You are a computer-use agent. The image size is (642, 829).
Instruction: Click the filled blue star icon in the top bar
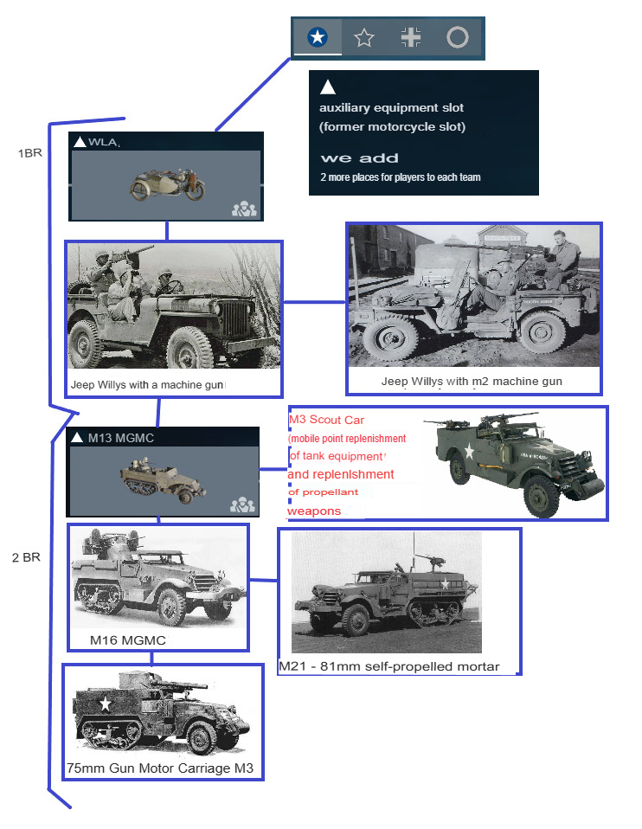tap(318, 37)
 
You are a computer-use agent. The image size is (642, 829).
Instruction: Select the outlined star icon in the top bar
tap(364, 37)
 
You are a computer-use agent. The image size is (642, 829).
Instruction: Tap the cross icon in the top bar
tap(411, 37)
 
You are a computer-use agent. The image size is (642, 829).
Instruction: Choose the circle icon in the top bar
tap(458, 37)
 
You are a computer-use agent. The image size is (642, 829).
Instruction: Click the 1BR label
tap(29, 153)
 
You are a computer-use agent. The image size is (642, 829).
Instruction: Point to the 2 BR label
tap(26, 557)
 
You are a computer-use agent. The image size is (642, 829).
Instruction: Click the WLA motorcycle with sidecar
tap(167, 184)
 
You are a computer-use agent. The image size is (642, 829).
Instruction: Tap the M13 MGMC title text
tap(120, 438)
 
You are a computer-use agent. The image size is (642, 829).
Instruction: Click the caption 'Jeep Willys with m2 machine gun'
tap(472, 382)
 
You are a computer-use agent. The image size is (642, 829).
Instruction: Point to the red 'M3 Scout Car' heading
tap(326, 420)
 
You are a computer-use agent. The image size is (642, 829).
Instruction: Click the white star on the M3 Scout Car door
tap(469, 451)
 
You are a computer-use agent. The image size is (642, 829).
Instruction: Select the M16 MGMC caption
tap(128, 640)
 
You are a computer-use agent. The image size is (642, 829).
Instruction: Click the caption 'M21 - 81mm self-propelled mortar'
tap(389, 666)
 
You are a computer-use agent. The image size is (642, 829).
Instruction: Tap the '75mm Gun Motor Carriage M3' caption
tap(160, 768)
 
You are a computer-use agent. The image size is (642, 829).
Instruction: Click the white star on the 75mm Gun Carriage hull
tap(106, 704)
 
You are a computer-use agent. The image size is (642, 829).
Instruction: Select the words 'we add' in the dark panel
tap(360, 158)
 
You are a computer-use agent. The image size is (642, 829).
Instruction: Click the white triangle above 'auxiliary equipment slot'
tap(327, 87)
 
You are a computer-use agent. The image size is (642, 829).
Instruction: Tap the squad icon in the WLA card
tap(244, 209)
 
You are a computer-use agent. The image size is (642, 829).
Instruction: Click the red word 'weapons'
tap(314, 511)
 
